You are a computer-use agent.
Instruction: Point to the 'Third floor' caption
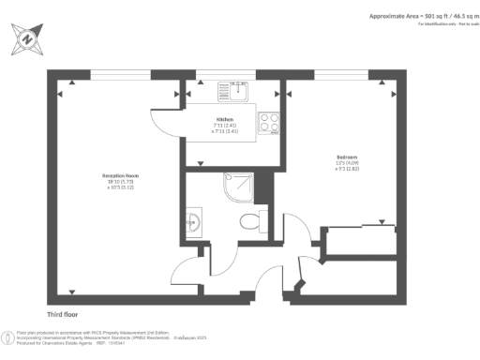67,314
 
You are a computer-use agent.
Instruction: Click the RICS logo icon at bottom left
8,335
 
